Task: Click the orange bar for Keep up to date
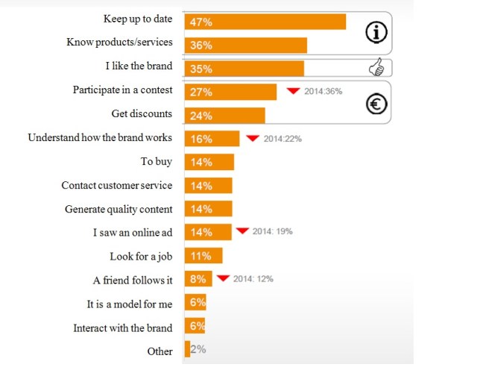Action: click(265, 22)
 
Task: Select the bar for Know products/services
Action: click(245, 46)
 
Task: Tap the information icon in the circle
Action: click(378, 32)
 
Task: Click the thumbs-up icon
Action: click(377, 69)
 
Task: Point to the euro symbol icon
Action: click(377, 105)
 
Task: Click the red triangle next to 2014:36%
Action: click(293, 91)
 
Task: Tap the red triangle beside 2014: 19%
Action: click(241, 231)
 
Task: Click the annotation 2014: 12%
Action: click(253, 279)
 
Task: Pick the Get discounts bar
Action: click(224, 116)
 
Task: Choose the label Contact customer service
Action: click(116, 185)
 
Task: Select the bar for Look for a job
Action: click(203, 256)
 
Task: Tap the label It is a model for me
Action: click(130, 304)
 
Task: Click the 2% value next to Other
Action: click(198, 349)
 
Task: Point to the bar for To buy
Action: click(209, 162)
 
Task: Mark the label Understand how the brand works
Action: click(100, 137)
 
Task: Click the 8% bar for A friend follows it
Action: click(198, 279)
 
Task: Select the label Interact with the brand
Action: click(122, 328)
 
